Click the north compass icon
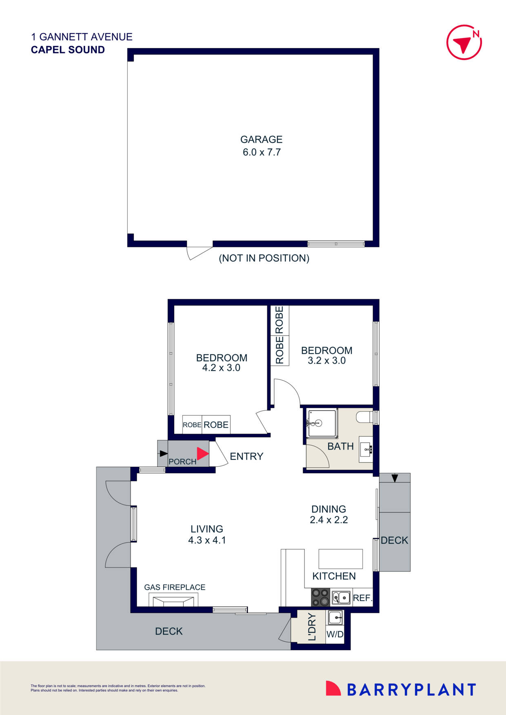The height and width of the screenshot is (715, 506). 464,42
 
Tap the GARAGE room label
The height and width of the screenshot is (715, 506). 261,139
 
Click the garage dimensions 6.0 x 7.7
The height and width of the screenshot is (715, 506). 262,152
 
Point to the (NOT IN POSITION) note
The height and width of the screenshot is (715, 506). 264,258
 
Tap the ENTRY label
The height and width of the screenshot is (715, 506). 246,457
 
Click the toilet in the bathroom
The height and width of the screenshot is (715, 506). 364,417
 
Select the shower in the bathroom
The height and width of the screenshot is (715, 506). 322,423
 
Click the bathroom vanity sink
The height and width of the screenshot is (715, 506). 366,450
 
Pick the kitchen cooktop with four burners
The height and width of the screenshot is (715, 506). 320,597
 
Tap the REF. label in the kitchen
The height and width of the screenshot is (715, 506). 362,598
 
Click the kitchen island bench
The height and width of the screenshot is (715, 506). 340,558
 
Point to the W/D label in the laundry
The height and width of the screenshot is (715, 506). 335,635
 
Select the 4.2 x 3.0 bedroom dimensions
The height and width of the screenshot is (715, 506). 221,368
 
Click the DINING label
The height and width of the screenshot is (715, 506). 328,509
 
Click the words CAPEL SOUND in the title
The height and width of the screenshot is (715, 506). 68,50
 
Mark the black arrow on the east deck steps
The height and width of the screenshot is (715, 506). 395,478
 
